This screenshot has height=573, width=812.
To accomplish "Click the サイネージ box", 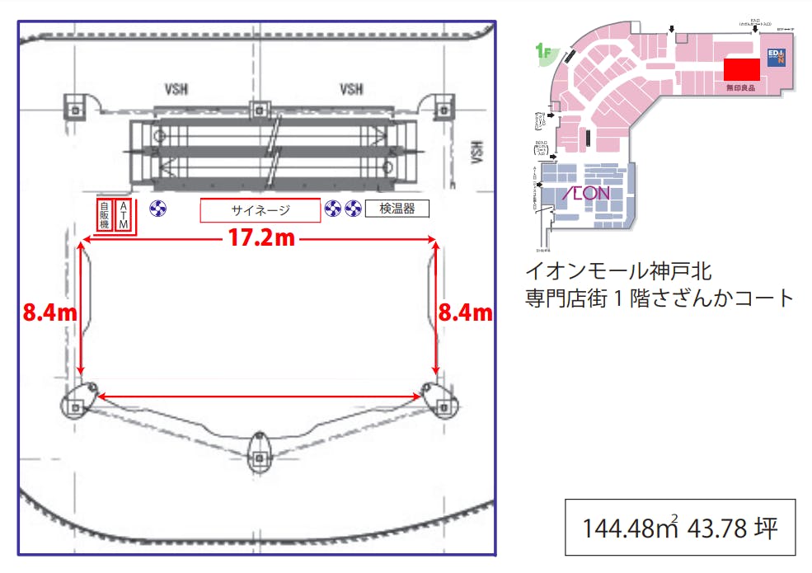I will click(260, 210).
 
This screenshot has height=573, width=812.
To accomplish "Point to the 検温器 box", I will click(397, 209).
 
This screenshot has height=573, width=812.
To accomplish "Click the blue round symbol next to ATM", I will click(158, 209).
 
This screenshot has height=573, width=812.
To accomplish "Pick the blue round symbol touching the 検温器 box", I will click(354, 209).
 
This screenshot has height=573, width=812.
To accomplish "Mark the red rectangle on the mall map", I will click(741, 69).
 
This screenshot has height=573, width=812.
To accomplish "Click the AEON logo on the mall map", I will click(585, 194).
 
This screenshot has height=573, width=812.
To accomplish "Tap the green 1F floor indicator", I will click(543, 54).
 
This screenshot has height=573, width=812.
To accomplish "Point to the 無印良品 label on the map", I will click(739, 87).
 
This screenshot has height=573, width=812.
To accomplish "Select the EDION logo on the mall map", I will click(777, 57).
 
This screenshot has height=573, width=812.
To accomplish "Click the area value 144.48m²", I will click(631, 528).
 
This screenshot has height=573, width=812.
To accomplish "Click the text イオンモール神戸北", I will click(618, 270).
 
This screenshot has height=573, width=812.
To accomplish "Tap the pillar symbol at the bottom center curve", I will click(260, 449).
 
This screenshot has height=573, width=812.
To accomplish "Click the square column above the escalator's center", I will click(260, 108).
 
